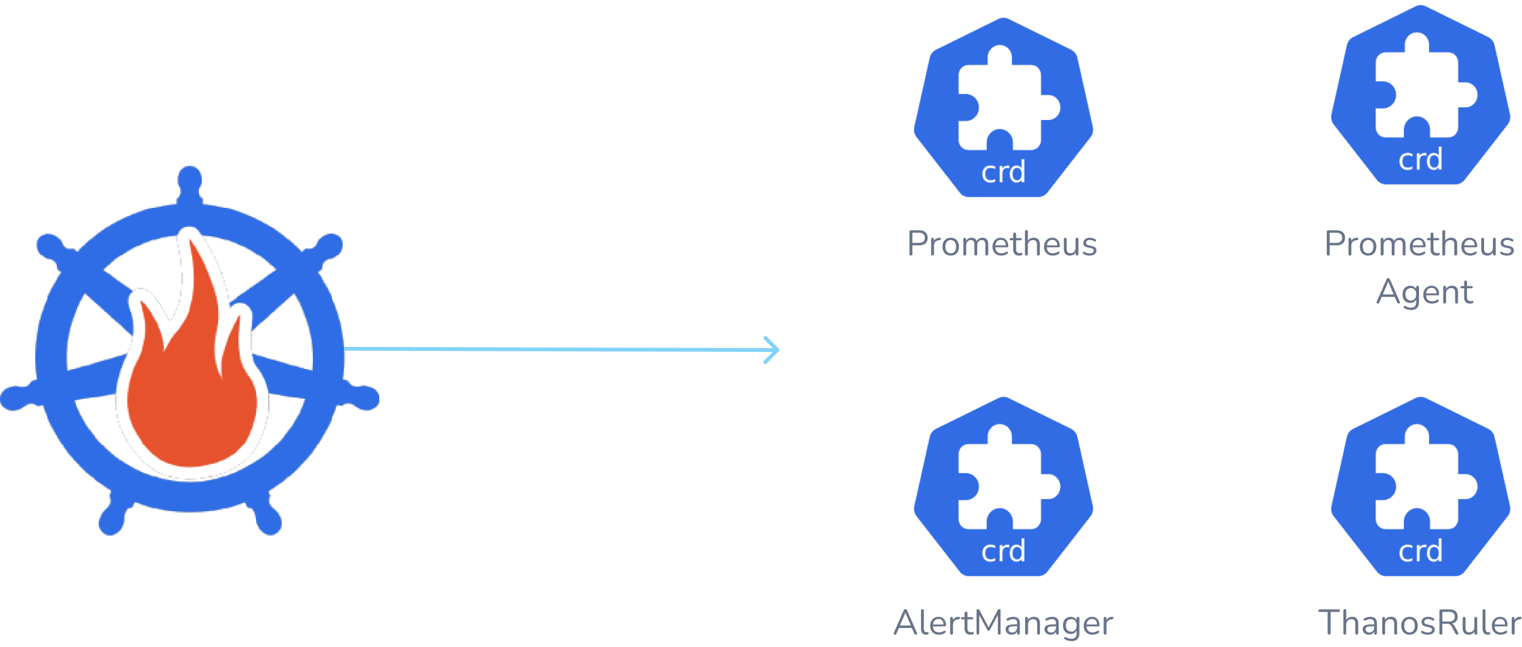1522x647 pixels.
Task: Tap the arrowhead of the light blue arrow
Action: (772, 350)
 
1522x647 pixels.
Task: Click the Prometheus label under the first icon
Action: (1002, 244)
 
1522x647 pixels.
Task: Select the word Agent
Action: (1425, 293)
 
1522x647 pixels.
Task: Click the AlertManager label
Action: (1003, 623)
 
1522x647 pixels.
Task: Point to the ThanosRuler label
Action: (1420, 623)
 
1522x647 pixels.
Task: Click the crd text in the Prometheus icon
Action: (1003, 172)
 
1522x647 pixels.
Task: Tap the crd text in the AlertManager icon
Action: (1003, 552)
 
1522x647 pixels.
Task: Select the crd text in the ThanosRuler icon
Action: (1420, 552)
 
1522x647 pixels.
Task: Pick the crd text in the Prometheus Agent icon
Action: (1420, 159)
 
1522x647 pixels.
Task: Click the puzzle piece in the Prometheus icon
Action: (1005, 101)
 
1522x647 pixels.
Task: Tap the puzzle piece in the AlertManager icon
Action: (1005, 480)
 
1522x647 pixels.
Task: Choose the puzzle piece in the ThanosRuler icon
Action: (1422, 480)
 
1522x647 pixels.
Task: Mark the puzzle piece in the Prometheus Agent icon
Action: (1422, 88)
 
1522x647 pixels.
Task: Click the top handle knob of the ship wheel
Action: (190, 179)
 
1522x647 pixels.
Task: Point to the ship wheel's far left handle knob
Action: (13, 398)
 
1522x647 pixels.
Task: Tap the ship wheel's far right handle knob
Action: (367, 398)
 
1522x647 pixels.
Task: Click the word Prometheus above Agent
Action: (1420, 244)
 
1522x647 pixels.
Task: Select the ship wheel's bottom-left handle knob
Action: (111, 522)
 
